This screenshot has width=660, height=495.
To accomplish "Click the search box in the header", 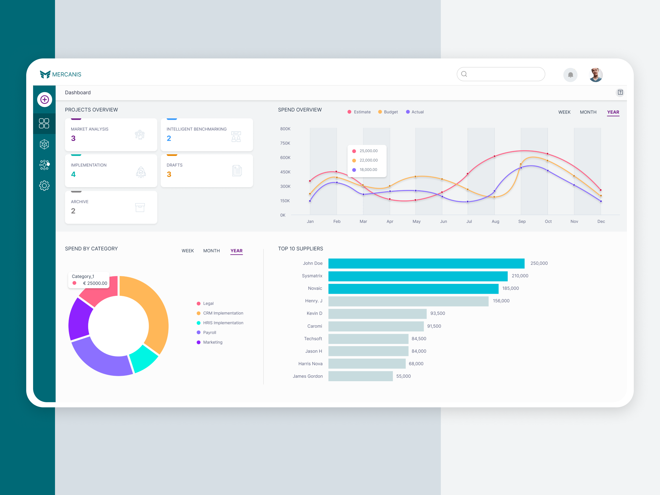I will tap(504, 74).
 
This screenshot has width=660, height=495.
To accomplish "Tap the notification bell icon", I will tap(570, 75).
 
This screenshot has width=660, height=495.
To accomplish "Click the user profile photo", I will tap(596, 75).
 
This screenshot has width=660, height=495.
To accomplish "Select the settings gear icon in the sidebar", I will tap(44, 186).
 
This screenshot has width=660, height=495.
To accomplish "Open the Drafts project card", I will tap(206, 171).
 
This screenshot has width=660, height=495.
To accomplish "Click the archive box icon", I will tap(140, 207).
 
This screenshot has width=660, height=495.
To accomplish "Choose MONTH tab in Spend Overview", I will tap(588, 112).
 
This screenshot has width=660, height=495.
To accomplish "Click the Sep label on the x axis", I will tap(522, 221).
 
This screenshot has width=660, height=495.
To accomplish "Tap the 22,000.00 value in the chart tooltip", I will tap(368, 160).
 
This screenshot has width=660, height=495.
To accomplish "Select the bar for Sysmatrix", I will tap(418, 276).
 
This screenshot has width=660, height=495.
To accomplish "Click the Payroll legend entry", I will tap(209, 332).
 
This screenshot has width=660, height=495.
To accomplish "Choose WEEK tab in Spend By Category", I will tap(188, 251).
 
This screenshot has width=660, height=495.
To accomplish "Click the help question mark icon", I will tap(620, 93).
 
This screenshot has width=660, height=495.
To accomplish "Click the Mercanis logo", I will tap(61, 74).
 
